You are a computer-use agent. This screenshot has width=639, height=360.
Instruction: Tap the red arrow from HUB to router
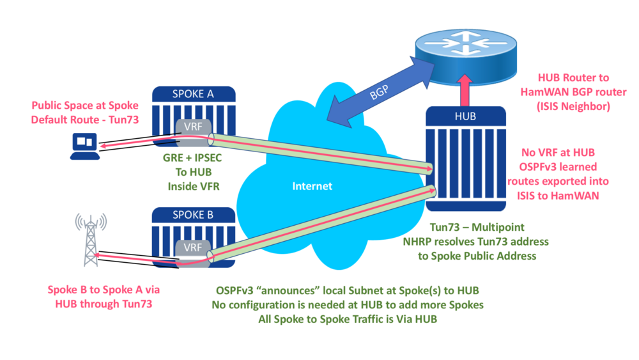coord(465,90)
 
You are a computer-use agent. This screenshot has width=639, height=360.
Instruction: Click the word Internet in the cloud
coord(312,186)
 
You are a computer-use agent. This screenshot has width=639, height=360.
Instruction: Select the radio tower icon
coord(89,240)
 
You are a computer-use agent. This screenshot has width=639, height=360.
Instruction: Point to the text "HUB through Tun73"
coord(100,304)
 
